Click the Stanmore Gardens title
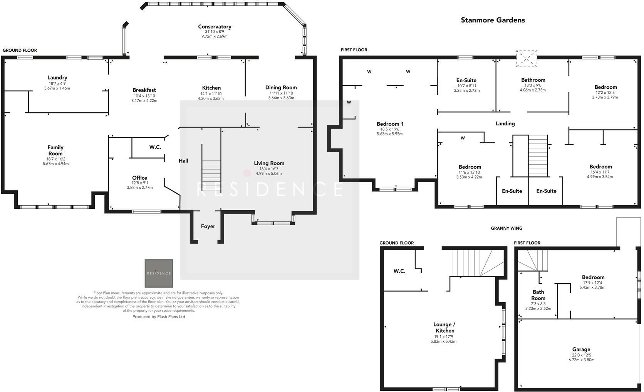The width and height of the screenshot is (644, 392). click(x=493, y=20)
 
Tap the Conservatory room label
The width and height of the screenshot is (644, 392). click(x=215, y=27)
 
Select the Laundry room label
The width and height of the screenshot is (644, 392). click(x=57, y=78)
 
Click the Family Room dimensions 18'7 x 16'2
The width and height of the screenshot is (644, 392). click(x=55, y=159)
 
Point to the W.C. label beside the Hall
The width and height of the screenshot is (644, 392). click(x=155, y=147)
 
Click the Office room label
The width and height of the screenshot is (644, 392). click(x=139, y=178)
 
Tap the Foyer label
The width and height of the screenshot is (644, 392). click(x=208, y=226)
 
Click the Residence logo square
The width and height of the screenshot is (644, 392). click(x=159, y=273)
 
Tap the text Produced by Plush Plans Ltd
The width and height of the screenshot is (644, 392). click(x=159, y=317)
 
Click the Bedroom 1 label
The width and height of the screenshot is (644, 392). click(x=390, y=124)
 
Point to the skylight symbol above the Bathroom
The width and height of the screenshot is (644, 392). click(x=527, y=58)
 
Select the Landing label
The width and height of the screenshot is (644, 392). click(x=505, y=123)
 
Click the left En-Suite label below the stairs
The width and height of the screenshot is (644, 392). click(x=512, y=191)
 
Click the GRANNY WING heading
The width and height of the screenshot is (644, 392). click(x=506, y=228)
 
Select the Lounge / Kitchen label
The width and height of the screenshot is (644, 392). click(x=444, y=328)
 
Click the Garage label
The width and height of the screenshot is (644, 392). click(x=581, y=350)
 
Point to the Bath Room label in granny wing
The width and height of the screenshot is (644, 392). click(x=538, y=295)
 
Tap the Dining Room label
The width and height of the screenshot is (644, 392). click(x=281, y=88)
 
